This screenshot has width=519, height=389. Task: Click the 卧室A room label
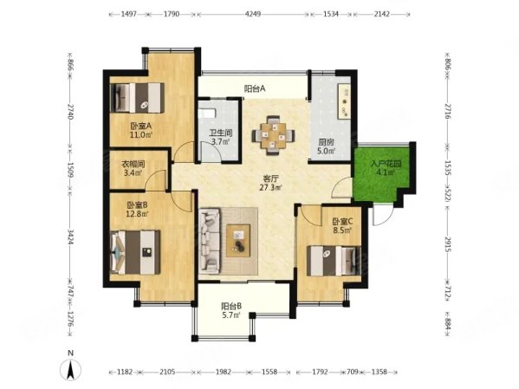tap(140, 130)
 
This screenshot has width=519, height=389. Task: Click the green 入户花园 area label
tap(381, 168)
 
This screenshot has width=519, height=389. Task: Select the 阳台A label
tap(254, 88)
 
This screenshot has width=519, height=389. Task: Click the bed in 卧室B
tap(135, 251)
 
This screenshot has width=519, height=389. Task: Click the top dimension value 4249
tap(253, 15)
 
